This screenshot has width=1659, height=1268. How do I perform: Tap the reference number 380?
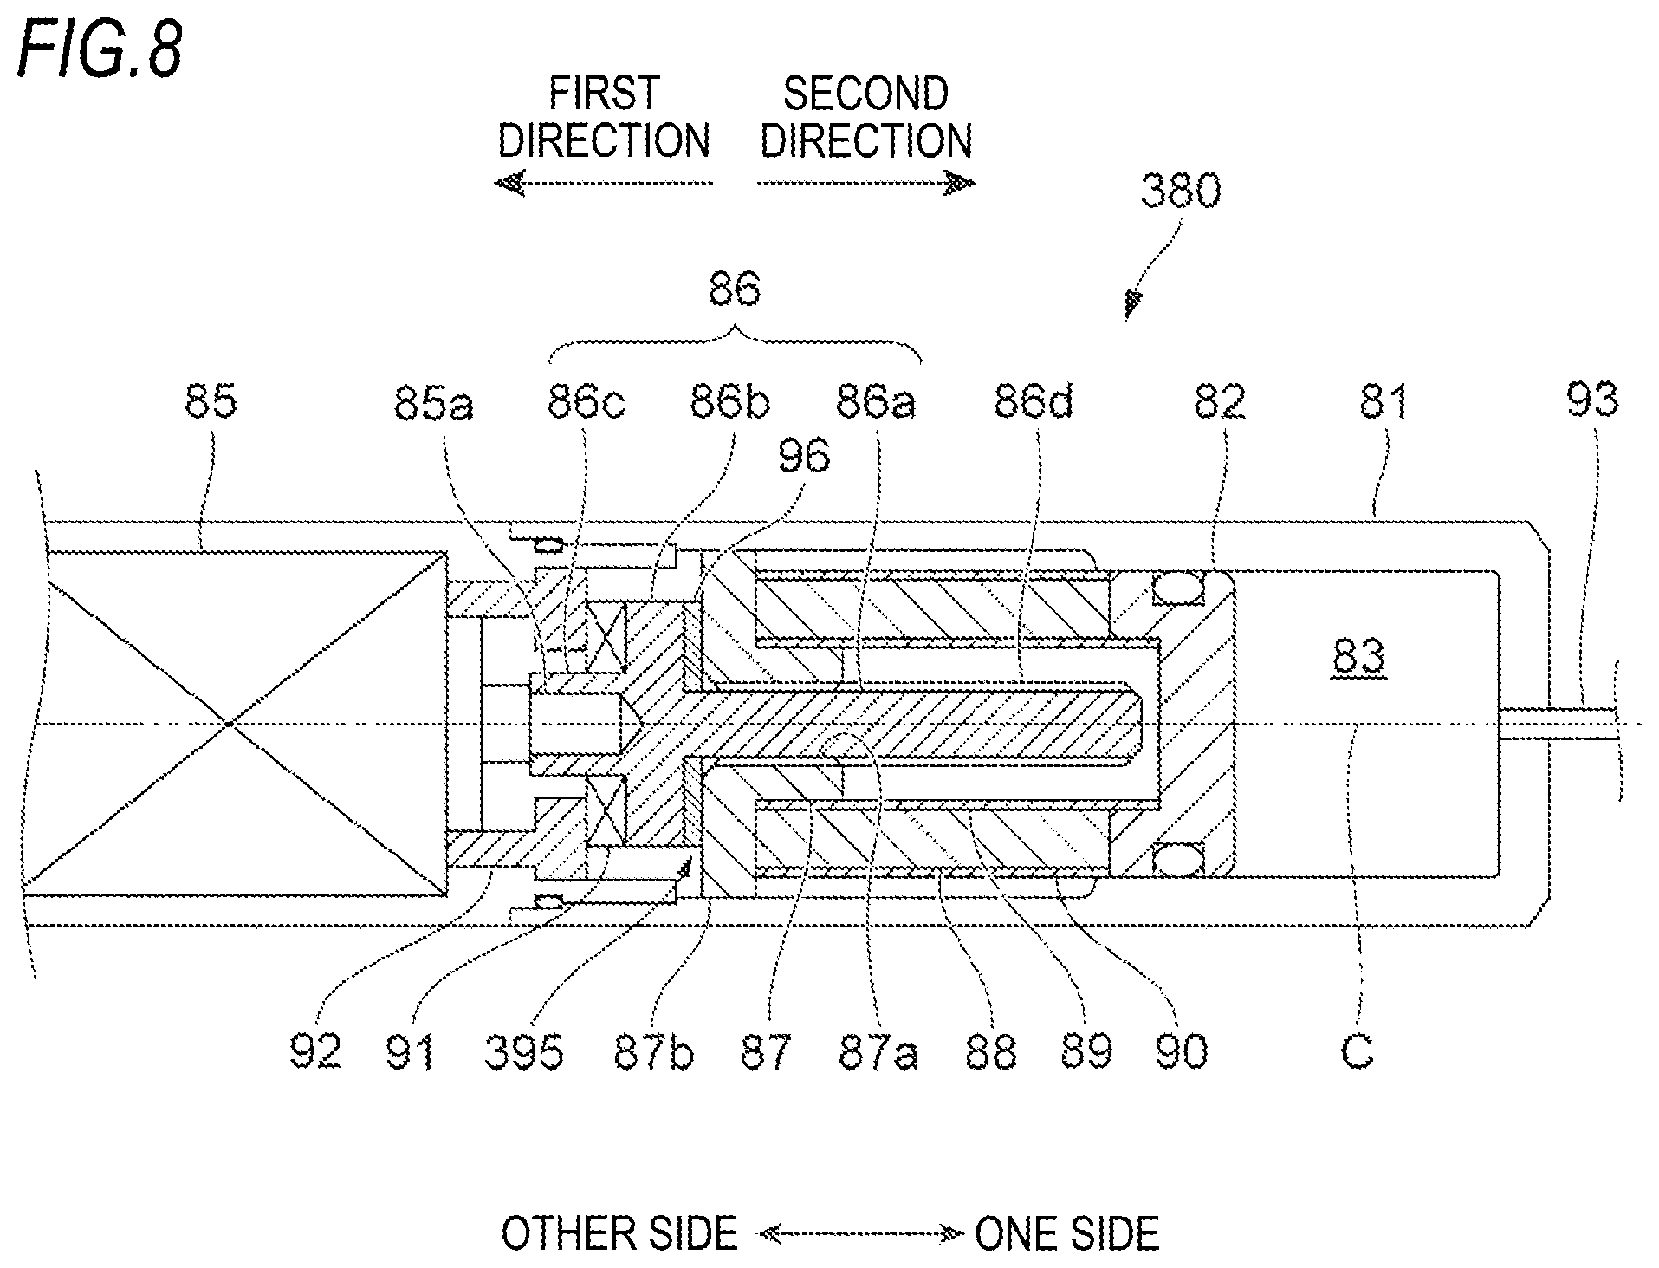point(1180,192)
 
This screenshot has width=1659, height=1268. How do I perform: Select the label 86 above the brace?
point(735,289)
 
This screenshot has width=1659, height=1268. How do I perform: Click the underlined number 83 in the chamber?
point(1359,660)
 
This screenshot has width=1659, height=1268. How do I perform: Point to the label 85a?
point(433,403)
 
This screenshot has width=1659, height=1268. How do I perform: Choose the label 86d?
point(1033,402)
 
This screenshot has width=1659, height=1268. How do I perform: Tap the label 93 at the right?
point(1592,400)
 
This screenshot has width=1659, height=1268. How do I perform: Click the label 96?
point(804,457)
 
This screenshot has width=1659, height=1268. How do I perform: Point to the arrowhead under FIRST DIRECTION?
point(509,183)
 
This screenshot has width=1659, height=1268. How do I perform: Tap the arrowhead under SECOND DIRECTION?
point(961,183)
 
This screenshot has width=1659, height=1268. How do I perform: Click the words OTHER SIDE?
point(619,1234)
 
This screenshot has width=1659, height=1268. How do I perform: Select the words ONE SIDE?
point(1067,1234)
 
